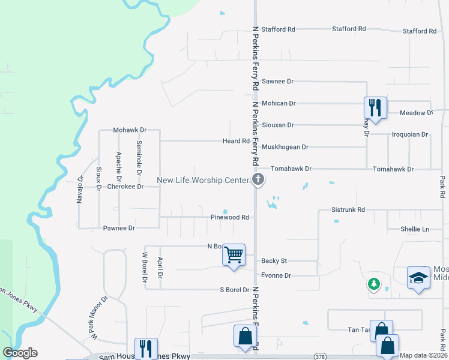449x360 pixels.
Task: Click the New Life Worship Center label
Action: coord(202,180)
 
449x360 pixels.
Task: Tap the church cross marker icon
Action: coord(258,179)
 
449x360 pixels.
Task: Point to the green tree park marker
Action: coord(374,283)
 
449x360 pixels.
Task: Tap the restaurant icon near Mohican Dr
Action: coord(375,108)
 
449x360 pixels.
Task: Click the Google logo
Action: coord(20,353)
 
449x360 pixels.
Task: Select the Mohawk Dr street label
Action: coord(130,130)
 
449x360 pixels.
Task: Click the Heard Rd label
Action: coord(235,141)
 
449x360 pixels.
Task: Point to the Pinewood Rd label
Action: coord(229,217)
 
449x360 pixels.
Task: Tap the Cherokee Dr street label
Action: coord(125,187)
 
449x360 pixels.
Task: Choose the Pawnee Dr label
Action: coord(119,228)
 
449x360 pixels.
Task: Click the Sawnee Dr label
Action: coord(277,81)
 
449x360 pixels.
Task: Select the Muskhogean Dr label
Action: coord(285,147)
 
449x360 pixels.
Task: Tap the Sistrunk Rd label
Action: coord(348,210)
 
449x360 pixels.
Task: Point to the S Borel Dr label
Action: coord(234,290)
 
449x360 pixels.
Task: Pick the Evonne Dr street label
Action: coord(276,275)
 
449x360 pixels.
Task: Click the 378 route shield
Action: coord(320,356)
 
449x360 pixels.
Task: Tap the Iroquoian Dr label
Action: coord(409,135)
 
